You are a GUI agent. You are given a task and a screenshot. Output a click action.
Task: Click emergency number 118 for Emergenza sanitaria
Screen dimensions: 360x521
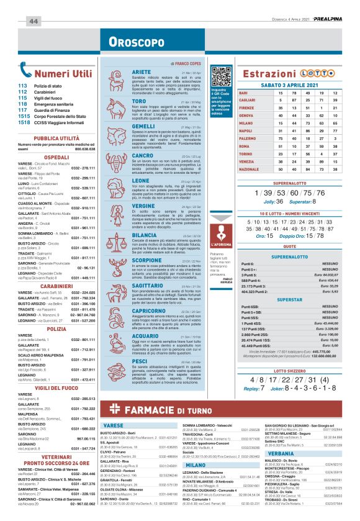[x=23, y=104]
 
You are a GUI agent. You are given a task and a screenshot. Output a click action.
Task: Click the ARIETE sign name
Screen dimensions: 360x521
[x=142, y=73]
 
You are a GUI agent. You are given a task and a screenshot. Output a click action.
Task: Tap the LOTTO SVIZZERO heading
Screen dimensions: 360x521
[x=289, y=369]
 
